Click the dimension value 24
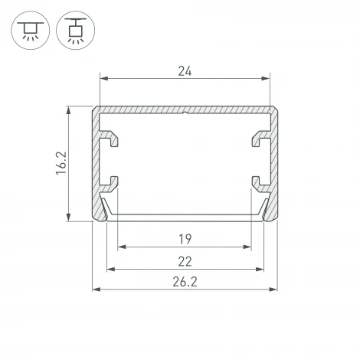(185, 71)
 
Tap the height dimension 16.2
(61, 163)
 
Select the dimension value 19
(185, 239)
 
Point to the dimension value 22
(185, 262)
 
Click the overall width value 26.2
(185, 282)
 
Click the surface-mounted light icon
(31, 30)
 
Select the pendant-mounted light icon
(76, 30)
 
